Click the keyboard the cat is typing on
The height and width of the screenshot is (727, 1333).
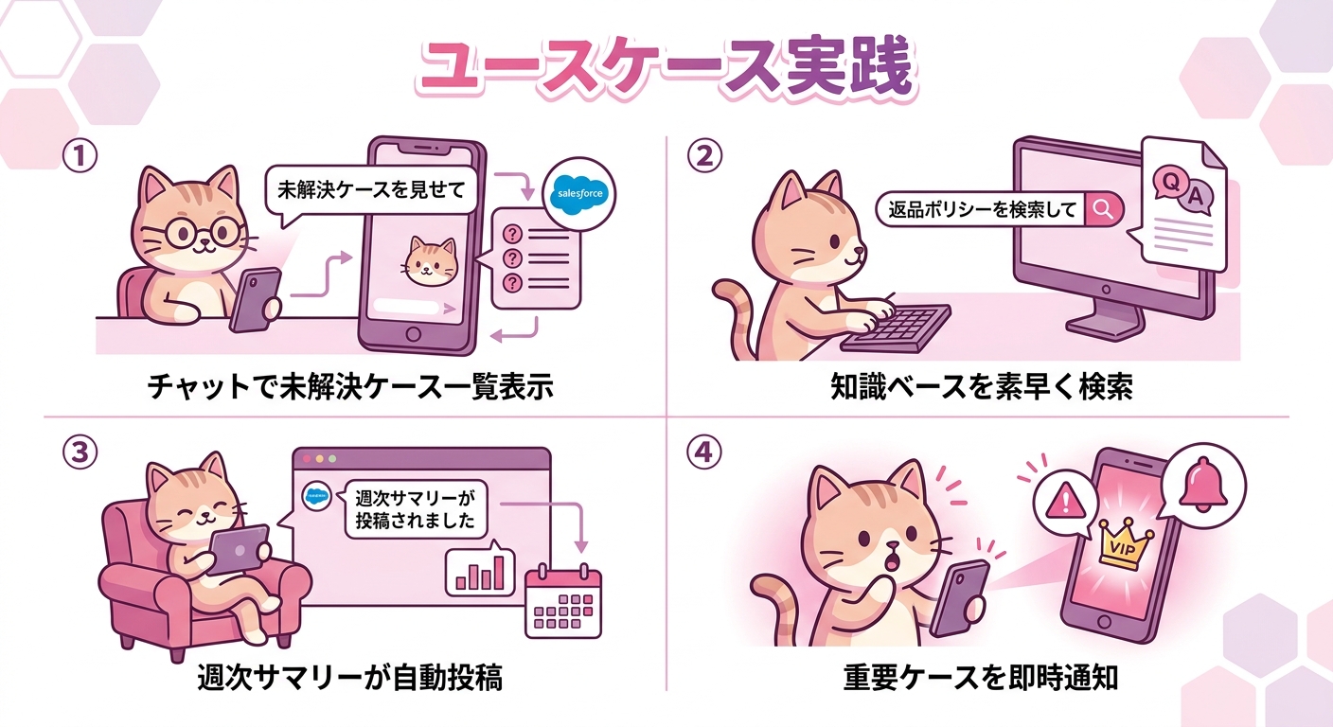(x=896, y=328)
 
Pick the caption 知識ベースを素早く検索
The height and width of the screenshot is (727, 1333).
(x=981, y=388)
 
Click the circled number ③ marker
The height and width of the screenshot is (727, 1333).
(x=80, y=452)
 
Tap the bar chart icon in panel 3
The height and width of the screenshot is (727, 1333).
(x=480, y=570)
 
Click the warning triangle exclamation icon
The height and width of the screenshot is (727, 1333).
(x=1063, y=499)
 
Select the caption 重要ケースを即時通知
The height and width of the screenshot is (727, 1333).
(x=981, y=677)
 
